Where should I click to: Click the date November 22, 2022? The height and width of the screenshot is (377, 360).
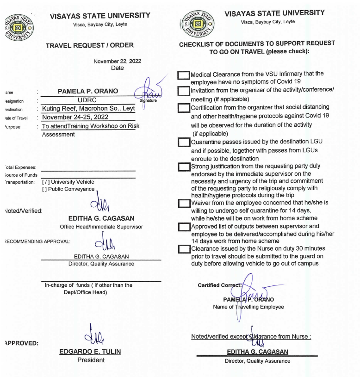click(x=117, y=61)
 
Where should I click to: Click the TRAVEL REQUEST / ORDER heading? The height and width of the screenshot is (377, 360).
click(x=90, y=45)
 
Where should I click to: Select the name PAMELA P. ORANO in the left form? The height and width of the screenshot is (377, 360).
click(x=87, y=92)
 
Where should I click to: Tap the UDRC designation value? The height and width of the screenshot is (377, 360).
click(x=88, y=100)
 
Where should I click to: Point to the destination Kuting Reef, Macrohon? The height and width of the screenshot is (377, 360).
click(x=88, y=109)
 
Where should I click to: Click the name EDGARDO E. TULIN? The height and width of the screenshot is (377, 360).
click(x=90, y=352)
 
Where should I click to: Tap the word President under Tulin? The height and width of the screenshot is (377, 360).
click(x=91, y=360)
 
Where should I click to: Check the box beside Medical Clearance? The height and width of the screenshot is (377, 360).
click(x=184, y=75)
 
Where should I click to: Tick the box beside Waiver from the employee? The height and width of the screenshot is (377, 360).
click(x=184, y=203)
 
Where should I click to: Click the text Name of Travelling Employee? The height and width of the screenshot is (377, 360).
click(x=248, y=307)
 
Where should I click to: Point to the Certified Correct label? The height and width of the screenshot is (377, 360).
click(x=219, y=285)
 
